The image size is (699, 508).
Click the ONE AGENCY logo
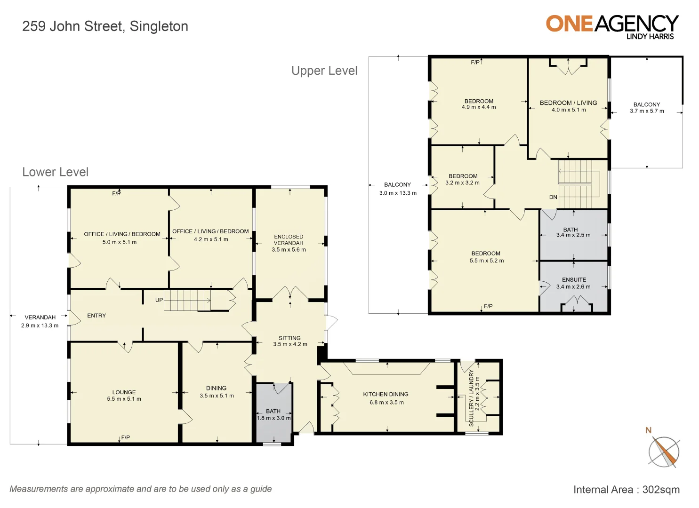point(612,26)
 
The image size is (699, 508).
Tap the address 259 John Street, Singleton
point(105,26)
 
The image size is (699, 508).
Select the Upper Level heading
point(324,71)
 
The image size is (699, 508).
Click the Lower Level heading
point(55,172)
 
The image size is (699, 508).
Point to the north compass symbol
point(664,452)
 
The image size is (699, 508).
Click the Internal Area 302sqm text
point(626,490)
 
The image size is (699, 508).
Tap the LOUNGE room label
point(124,392)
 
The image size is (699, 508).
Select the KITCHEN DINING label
point(386,394)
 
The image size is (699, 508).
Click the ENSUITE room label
point(574,279)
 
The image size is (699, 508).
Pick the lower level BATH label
point(273,411)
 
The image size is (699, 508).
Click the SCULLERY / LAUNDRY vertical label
point(472,398)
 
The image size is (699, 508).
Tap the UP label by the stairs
point(159,300)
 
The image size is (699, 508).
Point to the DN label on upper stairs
point(553,197)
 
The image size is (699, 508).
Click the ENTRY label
point(96,316)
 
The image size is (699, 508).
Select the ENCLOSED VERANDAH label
point(289,240)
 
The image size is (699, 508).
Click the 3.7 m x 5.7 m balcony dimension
point(647,111)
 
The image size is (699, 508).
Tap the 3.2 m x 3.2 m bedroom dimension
point(462,183)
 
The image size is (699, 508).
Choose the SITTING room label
point(289,338)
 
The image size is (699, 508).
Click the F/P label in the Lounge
point(126,437)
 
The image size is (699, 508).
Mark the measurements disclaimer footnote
point(141,489)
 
